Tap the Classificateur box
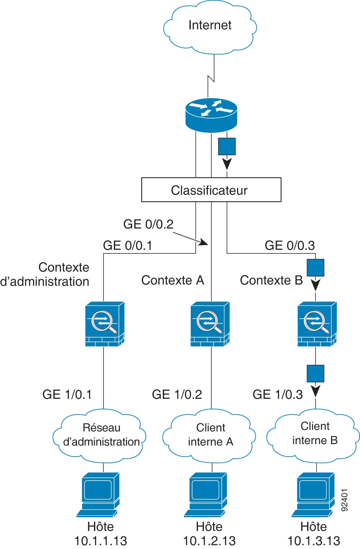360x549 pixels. point(211,190)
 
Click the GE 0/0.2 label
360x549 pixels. point(148,224)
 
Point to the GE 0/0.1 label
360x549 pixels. point(127,245)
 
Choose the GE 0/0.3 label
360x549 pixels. point(289,245)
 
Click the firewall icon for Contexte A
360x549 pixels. point(210,324)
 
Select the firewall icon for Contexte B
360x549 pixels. point(317,324)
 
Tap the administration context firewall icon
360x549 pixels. point(104,324)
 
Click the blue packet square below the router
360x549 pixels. point(227,146)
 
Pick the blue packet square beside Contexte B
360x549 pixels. point(315,268)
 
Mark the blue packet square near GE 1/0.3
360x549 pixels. point(315,374)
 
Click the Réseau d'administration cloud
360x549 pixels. point(100,436)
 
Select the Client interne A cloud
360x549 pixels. point(210,436)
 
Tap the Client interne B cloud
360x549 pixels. point(314,434)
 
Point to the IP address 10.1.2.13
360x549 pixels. point(209,541)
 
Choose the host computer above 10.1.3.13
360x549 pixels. point(313,493)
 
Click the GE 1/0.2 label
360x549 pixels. point(177,394)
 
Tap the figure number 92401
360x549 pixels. point(344,500)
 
